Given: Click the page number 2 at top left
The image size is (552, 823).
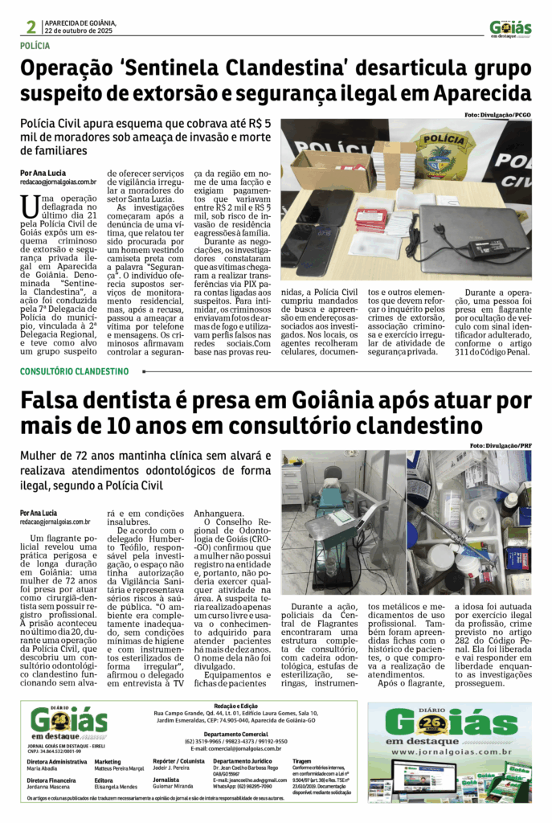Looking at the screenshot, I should point(31,27).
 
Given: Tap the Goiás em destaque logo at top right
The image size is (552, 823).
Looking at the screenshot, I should point(510,28).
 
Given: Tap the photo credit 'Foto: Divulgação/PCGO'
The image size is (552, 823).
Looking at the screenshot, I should point(498,116).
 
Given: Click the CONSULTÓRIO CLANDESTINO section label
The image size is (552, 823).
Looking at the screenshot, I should point(74,371).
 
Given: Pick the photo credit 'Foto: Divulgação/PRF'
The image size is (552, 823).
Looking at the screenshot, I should point(501,445).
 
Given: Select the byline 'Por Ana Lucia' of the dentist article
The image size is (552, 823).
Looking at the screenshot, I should point(39,513).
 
